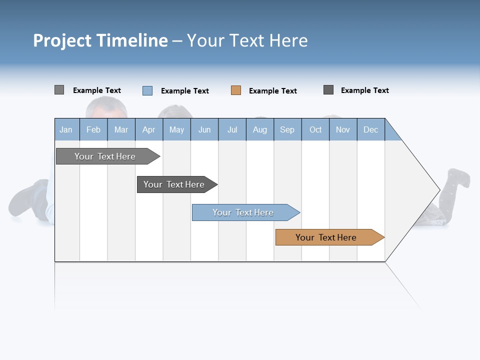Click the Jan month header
66,129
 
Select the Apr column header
149,129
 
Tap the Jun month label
204,129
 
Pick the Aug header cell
260,129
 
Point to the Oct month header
315,129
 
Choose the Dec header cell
371,129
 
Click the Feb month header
93,129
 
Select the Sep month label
287,129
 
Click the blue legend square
147,90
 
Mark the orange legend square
236,90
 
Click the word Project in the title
62,40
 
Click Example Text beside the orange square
273,91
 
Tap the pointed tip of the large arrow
438,189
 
